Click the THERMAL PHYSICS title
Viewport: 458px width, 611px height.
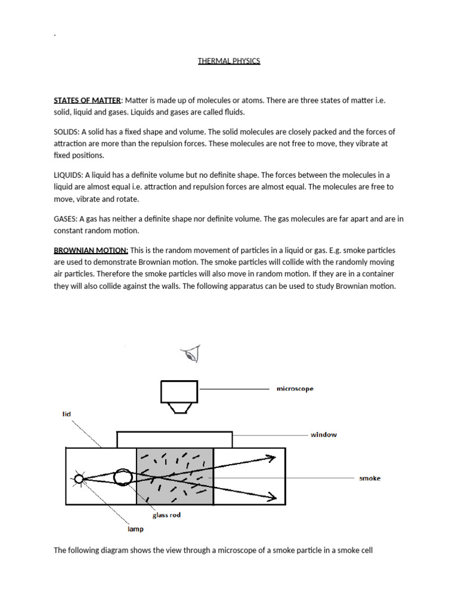[x=229, y=61]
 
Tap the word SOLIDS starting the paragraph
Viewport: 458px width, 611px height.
[x=66, y=132]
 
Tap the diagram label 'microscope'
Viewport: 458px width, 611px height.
[x=294, y=388]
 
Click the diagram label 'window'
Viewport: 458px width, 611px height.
[x=323, y=434]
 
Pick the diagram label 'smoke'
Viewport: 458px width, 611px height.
[x=369, y=478]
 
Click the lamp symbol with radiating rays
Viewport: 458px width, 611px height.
[x=78, y=479]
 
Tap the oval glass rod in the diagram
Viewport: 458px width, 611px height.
[x=122, y=477]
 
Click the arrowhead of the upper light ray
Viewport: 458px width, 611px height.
[x=271, y=458]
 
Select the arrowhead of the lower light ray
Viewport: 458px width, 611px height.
[x=271, y=496]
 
